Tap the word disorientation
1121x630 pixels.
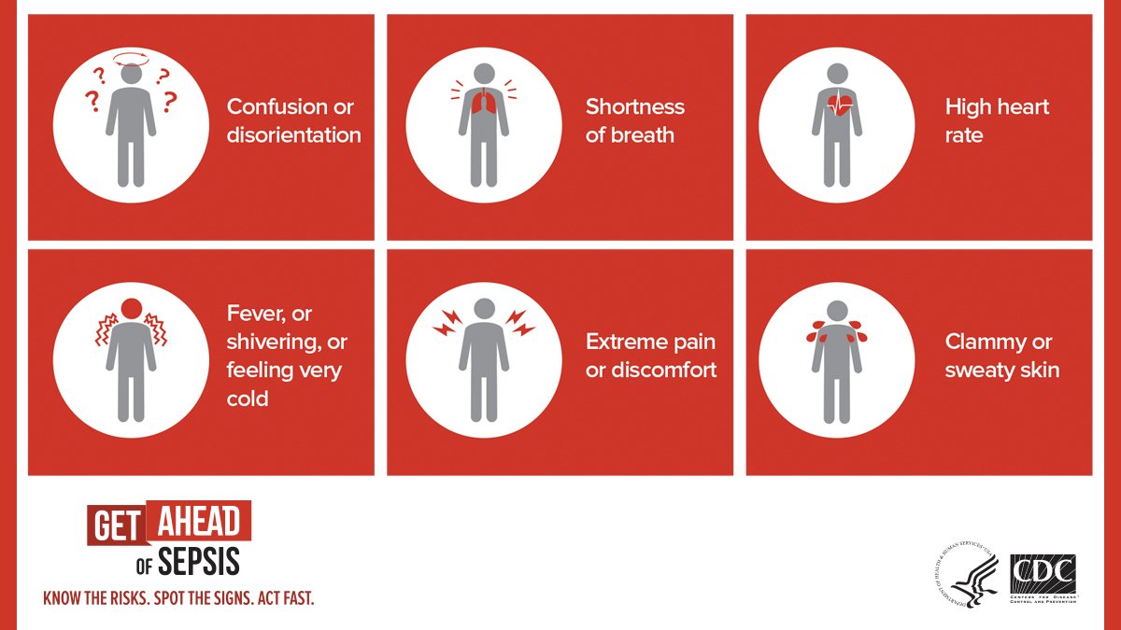[x=293, y=135]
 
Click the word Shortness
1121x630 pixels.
[x=635, y=106]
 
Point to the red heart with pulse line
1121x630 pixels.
[x=840, y=104]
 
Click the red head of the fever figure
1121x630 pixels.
[x=132, y=306]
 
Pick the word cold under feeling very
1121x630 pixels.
[x=248, y=399]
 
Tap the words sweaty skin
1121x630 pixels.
[x=1001, y=370]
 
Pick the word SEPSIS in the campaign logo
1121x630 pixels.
[x=198, y=562]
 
